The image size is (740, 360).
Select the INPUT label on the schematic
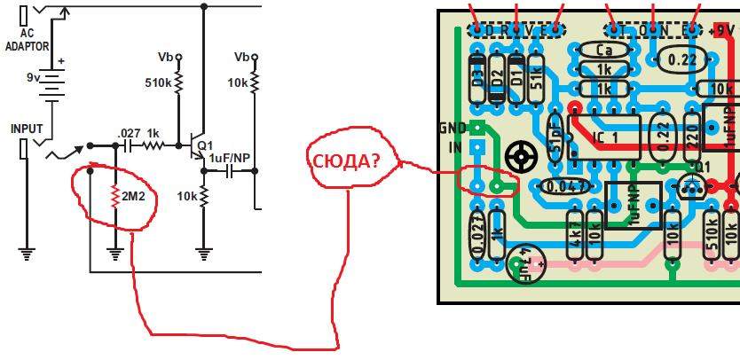click(x=26, y=129)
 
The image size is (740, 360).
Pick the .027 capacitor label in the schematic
click(x=129, y=134)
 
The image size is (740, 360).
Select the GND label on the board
click(x=452, y=128)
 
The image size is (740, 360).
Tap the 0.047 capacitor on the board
click(x=564, y=186)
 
